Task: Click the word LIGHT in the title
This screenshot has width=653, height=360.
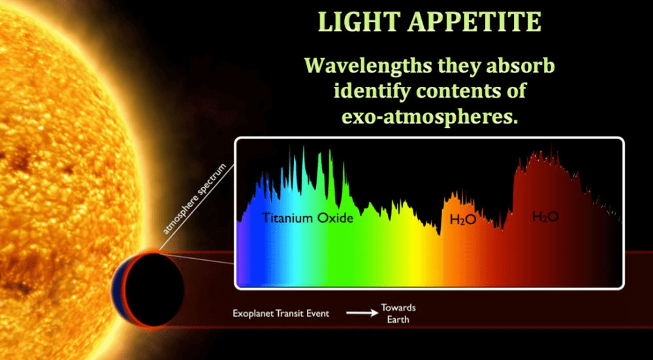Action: pyautogui.click(x=359, y=22)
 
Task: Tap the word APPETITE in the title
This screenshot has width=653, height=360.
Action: pyautogui.click(x=475, y=22)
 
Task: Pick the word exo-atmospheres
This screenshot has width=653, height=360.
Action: pyautogui.click(x=430, y=117)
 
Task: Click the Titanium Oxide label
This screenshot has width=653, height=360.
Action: pyautogui.click(x=308, y=218)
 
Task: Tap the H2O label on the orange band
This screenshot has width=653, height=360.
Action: pyautogui.click(x=463, y=220)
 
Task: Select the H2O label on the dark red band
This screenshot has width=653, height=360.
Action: pyautogui.click(x=545, y=216)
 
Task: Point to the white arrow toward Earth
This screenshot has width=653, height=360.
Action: pyautogui.click(x=361, y=314)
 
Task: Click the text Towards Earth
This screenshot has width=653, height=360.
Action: pyautogui.click(x=398, y=314)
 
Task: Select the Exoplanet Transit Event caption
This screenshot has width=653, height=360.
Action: pyautogui.click(x=281, y=314)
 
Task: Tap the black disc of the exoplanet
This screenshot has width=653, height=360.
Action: pyautogui.click(x=154, y=289)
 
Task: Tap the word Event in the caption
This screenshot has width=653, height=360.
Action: pyautogui.click(x=318, y=314)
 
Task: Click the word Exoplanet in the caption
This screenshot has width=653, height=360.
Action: pyautogui.click(x=253, y=314)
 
